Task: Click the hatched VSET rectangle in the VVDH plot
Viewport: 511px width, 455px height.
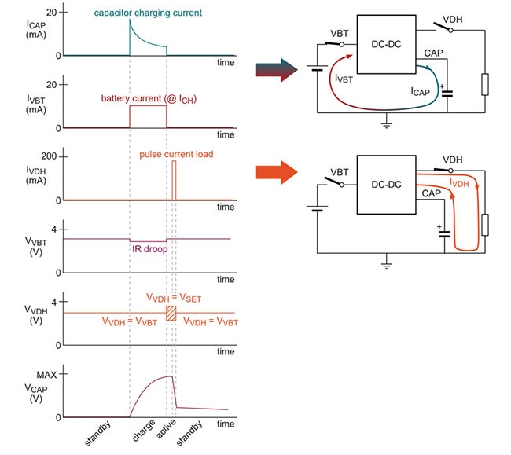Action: (x=171, y=313)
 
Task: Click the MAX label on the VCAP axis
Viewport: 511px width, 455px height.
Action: (x=37, y=374)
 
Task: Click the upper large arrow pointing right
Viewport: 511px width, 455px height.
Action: (x=276, y=72)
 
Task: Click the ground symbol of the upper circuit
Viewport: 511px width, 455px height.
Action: (x=385, y=122)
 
